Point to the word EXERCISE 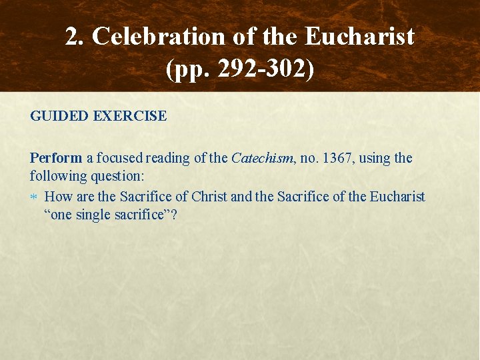tap(131, 116)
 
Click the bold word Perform tap(56, 159)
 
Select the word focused tap(119, 159)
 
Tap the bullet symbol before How tap(35, 197)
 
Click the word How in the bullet tap(59, 197)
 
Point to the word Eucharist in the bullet tap(396, 197)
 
